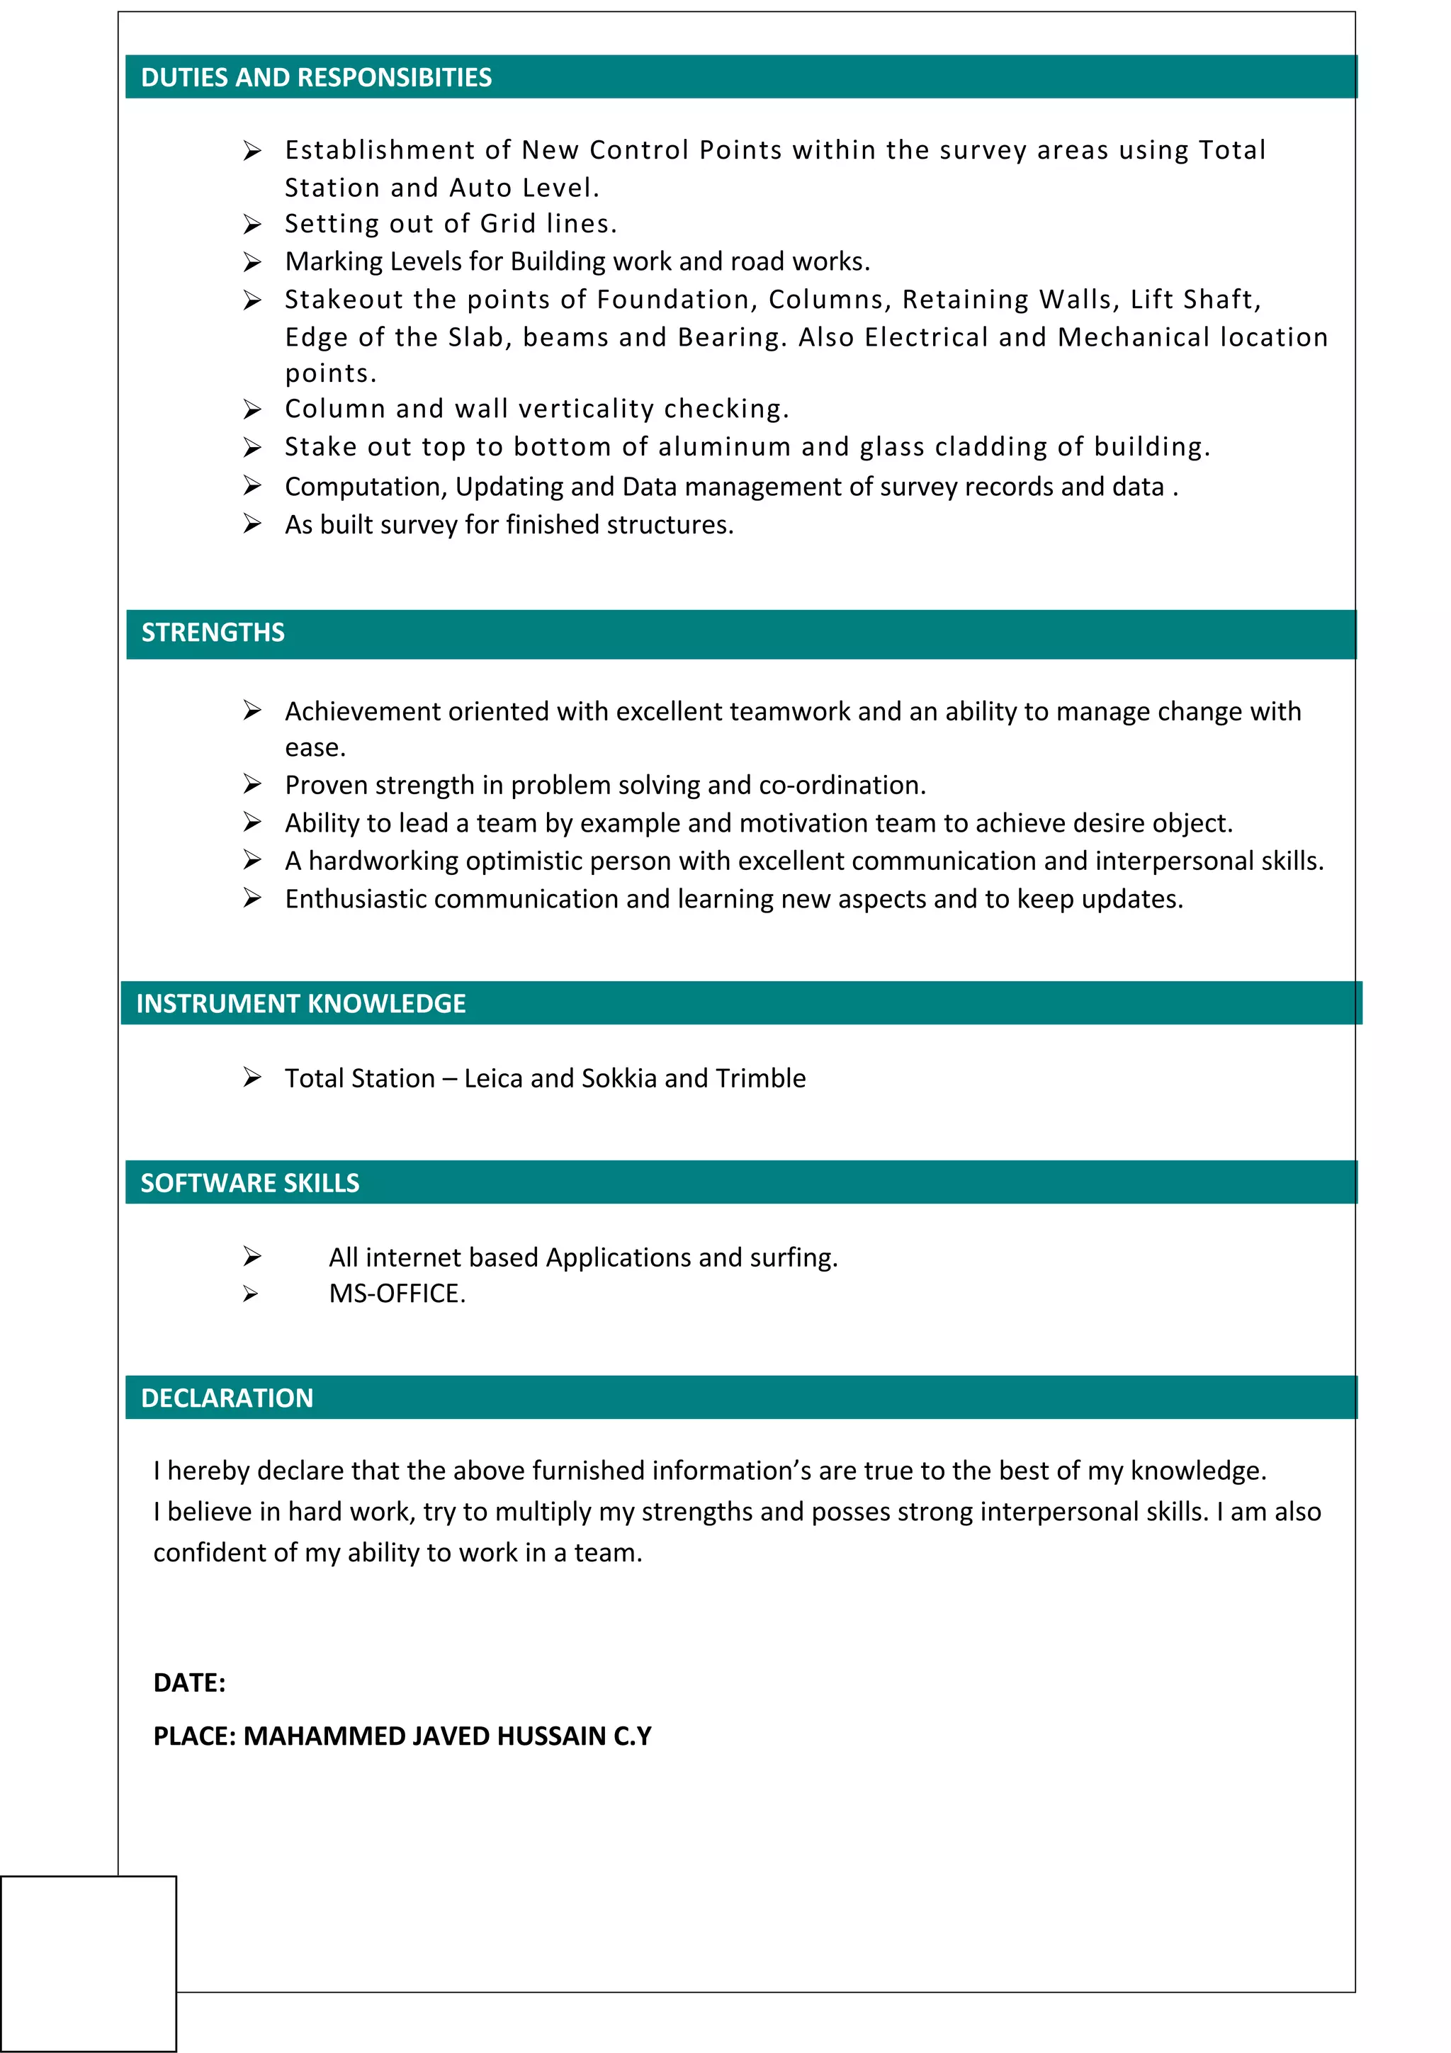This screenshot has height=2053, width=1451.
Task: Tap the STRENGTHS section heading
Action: tap(213, 633)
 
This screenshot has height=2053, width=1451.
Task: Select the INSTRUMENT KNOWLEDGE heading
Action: tap(300, 1003)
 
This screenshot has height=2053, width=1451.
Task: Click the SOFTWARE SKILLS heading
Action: tap(249, 1183)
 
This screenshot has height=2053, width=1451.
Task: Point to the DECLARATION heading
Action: tap(227, 1398)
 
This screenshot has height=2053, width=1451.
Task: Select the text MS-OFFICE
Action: tap(396, 1294)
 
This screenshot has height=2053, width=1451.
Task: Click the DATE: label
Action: tap(188, 1682)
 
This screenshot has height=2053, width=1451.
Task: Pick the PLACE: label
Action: tap(194, 1736)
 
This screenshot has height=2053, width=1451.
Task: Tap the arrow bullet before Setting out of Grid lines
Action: tap(252, 224)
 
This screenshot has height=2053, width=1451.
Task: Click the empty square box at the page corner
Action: tap(88, 1963)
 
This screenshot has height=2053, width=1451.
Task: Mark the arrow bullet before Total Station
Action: tap(252, 1078)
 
